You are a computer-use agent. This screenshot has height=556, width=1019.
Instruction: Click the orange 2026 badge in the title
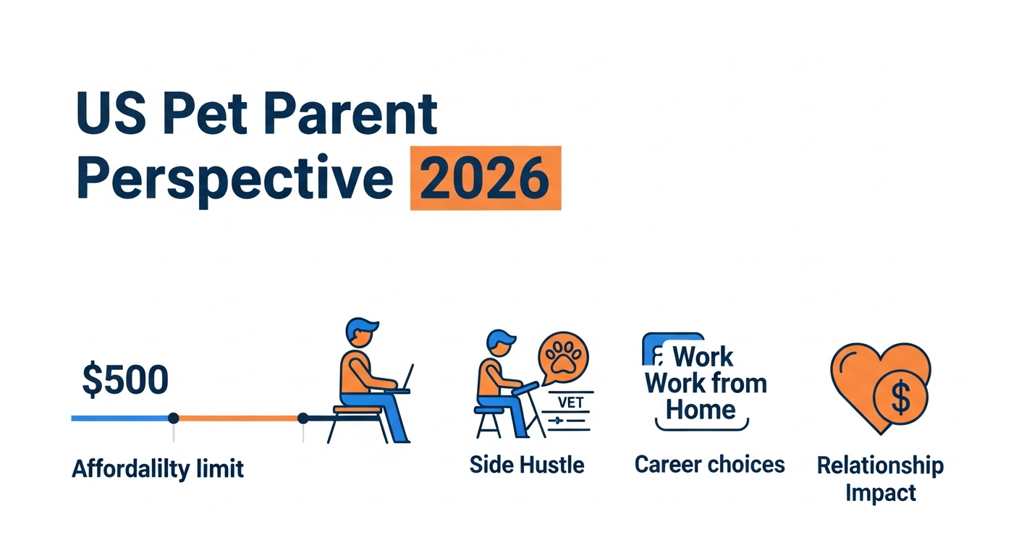pos(486,178)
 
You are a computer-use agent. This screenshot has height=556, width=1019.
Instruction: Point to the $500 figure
pos(125,379)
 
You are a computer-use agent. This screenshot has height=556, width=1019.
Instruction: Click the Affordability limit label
pos(158,468)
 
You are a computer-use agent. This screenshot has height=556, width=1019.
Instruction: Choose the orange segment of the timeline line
pos(238,418)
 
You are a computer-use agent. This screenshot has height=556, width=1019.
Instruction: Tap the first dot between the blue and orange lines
pos(173,418)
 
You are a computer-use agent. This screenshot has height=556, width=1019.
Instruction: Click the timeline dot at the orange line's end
pos(303,418)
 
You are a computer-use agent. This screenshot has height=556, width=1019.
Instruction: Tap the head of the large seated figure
pos(361,332)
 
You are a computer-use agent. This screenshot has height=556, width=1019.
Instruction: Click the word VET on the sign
pos(570,403)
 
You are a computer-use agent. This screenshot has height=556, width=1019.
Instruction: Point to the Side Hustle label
pos(527,465)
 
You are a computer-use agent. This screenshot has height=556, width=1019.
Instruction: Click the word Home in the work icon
pos(701,410)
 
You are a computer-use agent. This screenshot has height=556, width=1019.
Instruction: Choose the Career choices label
pos(710,465)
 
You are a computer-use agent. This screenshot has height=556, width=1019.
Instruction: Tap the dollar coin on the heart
pos(900,397)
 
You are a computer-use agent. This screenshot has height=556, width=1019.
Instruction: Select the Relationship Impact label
pos(880,479)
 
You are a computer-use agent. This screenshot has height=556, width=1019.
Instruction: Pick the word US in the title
pos(111,113)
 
